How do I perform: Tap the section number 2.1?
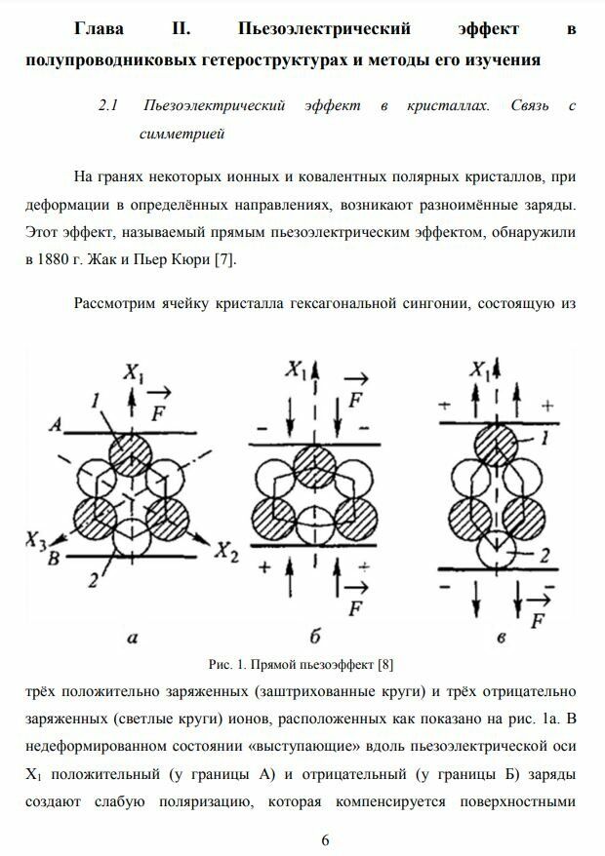[108, 105]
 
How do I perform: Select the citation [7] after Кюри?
[222, 260]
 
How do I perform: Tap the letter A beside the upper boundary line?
[59, 425]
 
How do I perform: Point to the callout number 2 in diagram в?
[545, 556]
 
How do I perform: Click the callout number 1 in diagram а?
[93, 400]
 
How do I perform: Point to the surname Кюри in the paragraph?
[189, 260]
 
